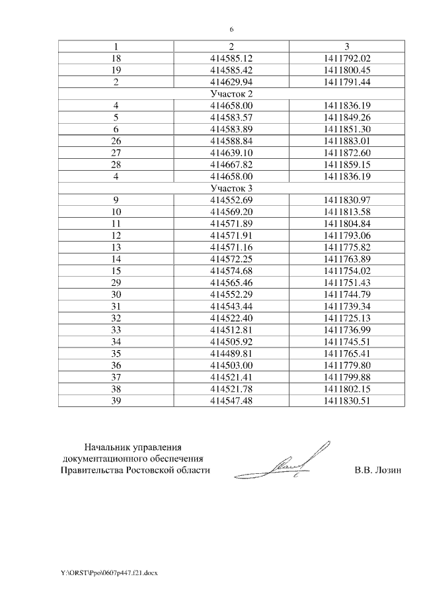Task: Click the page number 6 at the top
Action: point(232,29)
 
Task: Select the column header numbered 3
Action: point(347,46)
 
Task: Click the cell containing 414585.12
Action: point(231,58)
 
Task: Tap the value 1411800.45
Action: point(347,69)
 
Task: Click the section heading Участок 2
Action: point(231,93)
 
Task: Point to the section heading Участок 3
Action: point(231,188)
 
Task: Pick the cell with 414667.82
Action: point(231,164)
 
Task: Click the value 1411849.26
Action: point(347,117)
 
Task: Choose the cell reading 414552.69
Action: point(231,200)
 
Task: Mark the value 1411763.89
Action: point(347,259)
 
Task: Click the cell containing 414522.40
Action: point(231,318)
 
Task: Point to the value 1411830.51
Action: point(347,400)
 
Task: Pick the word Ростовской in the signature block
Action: point(155,471)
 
